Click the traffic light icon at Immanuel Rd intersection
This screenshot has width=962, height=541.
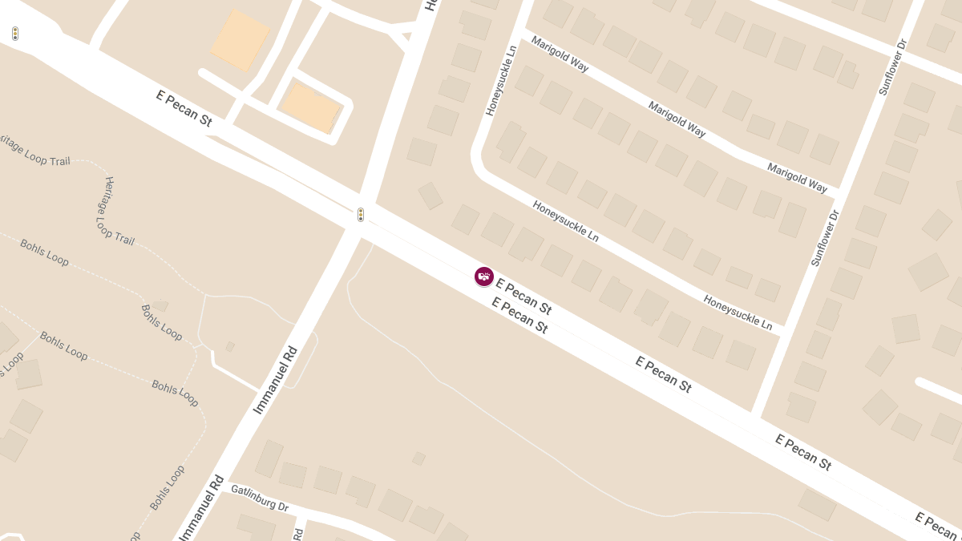click(361, 215)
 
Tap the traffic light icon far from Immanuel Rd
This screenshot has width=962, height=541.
click(15, 34)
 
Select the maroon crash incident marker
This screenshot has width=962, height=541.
click(484, 277)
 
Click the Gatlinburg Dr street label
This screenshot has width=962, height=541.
click(259, 497)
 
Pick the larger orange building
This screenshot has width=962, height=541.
click(240, 40)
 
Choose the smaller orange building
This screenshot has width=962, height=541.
click(311, 107)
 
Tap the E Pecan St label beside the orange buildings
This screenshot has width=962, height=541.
click(184, 108)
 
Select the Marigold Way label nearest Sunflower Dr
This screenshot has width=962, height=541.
click(797, 177)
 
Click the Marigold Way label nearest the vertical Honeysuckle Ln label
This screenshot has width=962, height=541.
click(560, 54)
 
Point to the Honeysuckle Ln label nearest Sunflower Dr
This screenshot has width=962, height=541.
click(738, 313)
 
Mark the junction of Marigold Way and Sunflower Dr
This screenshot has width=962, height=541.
click(839, 192)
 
